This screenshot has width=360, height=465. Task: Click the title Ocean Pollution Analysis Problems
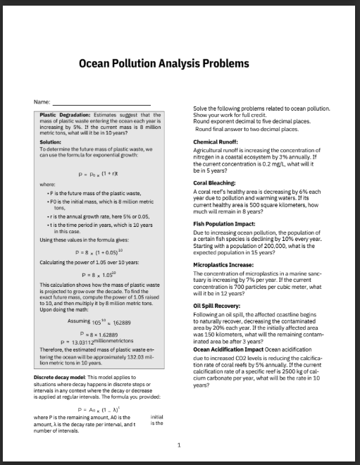coord(164,63)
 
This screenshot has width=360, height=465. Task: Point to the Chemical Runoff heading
coord(215,142)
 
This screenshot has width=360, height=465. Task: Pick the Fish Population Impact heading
coord(224,223)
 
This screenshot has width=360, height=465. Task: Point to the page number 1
coord(180,445)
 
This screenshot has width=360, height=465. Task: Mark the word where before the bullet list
coord(46,185)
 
